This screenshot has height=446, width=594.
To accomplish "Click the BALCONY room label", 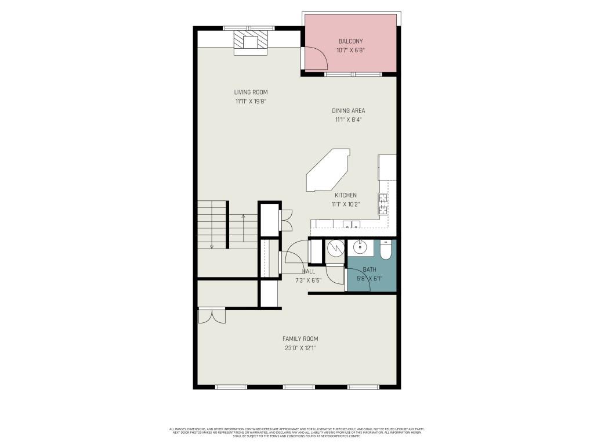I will pyautogui.click(x=350, y=41).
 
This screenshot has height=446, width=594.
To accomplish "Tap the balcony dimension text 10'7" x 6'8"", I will pyautogui.click(x=350, y=51).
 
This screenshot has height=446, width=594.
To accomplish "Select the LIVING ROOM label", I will pyautogui.click(x=251, y=92).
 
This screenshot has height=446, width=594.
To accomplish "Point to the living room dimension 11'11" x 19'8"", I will pyautogui.click(x=251, y=102).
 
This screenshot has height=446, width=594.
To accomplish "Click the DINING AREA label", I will pyautogui.click(x=348, y=110).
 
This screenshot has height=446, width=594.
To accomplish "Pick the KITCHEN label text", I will pyautogui.click(x=345, y=195).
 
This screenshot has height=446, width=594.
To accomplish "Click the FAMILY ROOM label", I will pyautogui.click(x=300, y=339).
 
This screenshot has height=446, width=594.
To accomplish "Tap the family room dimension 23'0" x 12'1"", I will pyautogui.click(x=300, y=348).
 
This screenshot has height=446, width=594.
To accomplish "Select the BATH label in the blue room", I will pyautogui.click(x=370, y=269).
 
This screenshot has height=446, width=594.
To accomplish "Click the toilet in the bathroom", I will pyautogui.click(x=386, y=250).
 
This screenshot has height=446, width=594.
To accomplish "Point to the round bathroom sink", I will pyautogui.click(x=360, y=248).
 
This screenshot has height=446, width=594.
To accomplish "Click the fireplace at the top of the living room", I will pyautogui.click(x=251, y=42).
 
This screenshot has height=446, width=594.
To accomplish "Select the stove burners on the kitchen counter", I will pyautogui.click(x=383, y=204).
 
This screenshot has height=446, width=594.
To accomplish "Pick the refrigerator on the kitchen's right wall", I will pyautogui.click(x=387, y=167).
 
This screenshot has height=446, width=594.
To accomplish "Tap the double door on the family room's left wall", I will pyautogui.click(x=211, y=315).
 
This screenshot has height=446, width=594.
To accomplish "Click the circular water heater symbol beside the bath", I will pyautogui.click(x=335, y=248).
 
